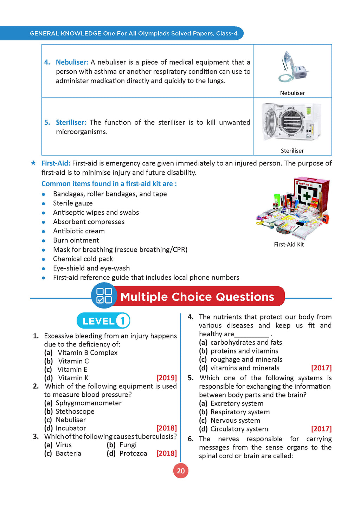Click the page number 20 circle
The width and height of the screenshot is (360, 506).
click(x=181, y=471)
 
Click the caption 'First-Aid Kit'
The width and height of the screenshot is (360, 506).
click(x=289, y=245)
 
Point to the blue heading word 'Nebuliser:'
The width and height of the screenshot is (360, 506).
click(x=72, y=62)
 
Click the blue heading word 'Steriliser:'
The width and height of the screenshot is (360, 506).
click(x=71, y=122)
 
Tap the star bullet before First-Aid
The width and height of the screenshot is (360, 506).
click(x=33, y=163)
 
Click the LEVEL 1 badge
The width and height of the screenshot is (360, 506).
click(x=103, y=321)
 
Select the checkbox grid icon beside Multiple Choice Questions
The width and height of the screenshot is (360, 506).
click(x=104, y=296)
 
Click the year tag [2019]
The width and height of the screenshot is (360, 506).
click(x=166, y=378)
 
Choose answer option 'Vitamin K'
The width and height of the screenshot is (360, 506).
click(x=73, y=378)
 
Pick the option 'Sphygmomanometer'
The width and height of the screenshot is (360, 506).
click(x=89, y=403)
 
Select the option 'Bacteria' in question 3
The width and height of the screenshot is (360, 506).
click(x=68, y=453)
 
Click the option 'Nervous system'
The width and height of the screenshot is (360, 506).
click(x=235, y=420)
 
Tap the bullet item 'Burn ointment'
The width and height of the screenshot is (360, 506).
click(x=76, y=240)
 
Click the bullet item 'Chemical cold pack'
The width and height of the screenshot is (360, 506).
click(x=83, y=259)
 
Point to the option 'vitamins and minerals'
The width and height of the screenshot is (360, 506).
click(x=245, y=368)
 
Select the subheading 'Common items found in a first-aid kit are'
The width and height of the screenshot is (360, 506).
click(x=109, y=184)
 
